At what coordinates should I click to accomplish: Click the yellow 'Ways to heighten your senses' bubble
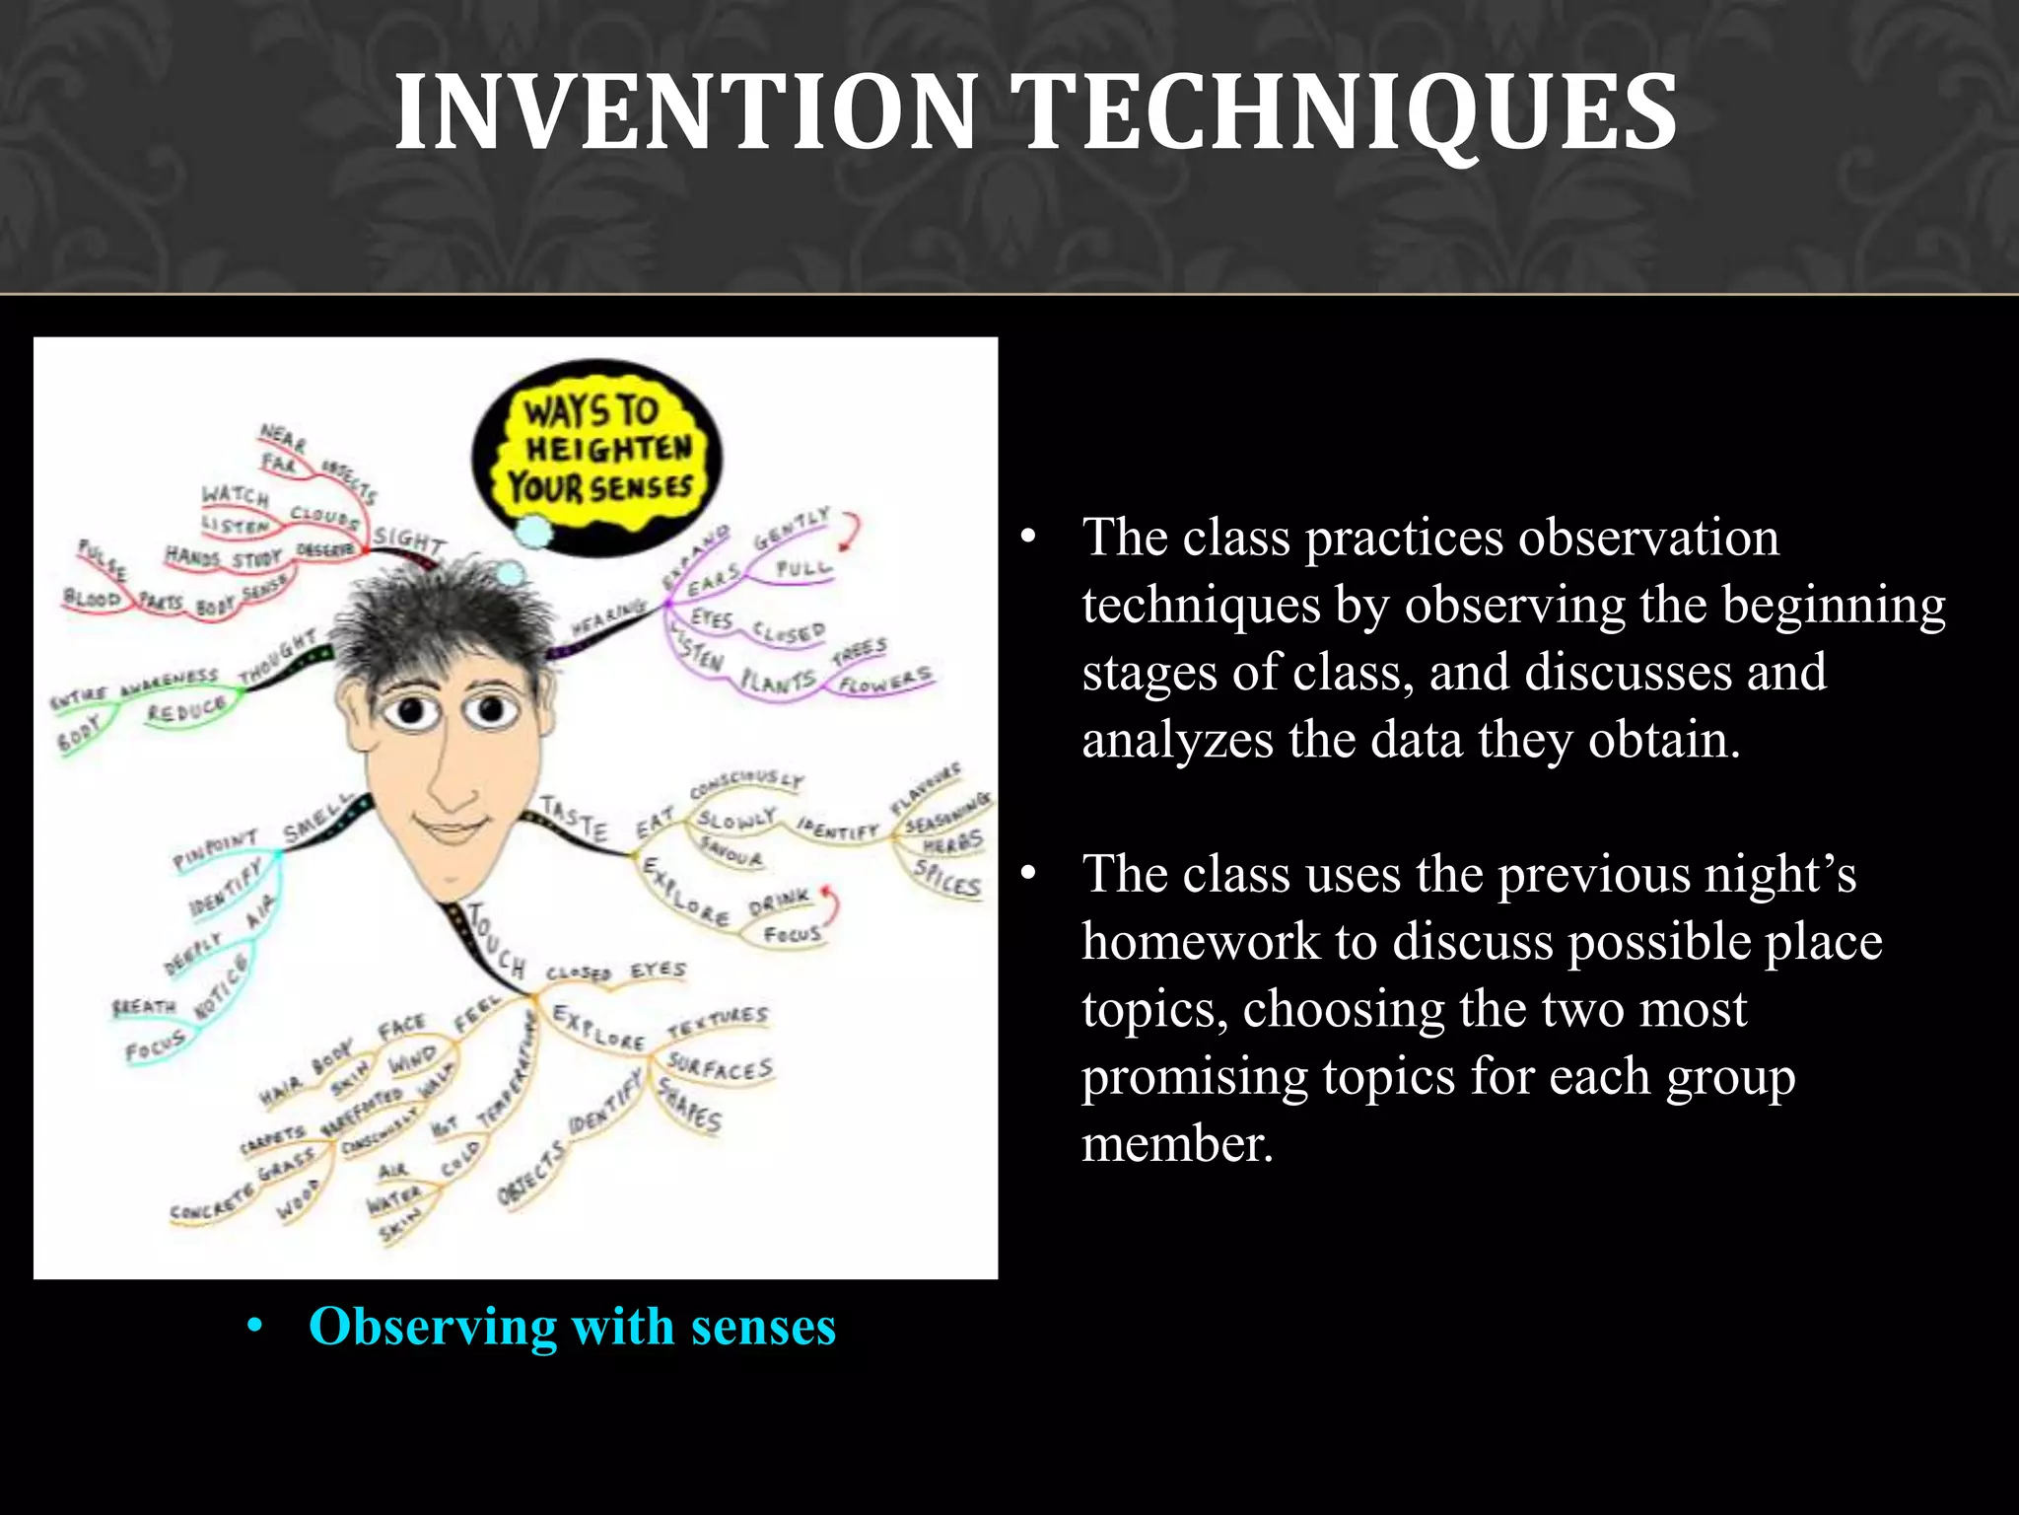pos(599,450)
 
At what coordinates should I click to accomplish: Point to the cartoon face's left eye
pos(412,710)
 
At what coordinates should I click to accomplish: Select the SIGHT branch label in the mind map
pos(409,541)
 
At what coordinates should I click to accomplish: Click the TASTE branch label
pos(574,819)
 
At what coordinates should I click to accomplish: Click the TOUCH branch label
pos(496,942)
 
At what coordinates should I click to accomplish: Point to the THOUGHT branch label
pos(279,658)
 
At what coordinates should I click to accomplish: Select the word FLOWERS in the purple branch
pos(884,681)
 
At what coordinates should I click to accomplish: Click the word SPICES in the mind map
pos(947,878)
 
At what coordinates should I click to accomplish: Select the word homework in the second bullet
pos(1200,941)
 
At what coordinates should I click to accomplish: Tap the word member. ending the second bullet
pos(1177,1144)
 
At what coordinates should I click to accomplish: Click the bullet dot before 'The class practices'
pos(1029,539)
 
